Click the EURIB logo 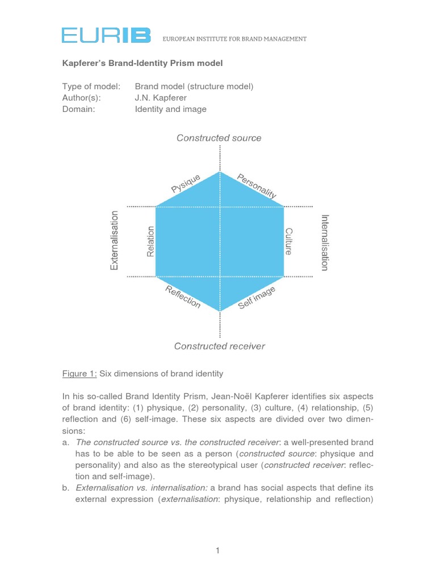coord(106,36)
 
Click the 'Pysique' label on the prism coord(186,184)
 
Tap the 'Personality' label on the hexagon coord(257,186)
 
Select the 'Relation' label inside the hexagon coord(150,241)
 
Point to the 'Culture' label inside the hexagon coord(289,241)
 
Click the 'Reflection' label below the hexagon coord(183,297)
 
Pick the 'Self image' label coord(257,298)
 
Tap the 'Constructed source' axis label coord(219,138)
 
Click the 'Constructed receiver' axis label coord(219,346)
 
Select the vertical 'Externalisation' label coord(115,240)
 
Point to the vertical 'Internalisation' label coord(325,242)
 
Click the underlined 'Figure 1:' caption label coord(79,373)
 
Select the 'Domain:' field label coord(78,109)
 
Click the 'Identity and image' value coord(170,109)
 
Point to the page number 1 coord(217,550)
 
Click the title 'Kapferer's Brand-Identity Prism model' coord(142,63)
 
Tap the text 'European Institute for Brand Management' coord(234,39)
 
